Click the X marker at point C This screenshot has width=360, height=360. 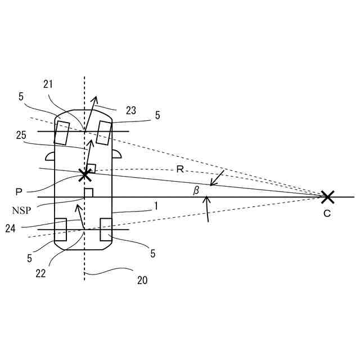327,197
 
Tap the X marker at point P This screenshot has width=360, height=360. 85,174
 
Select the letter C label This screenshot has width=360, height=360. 327,214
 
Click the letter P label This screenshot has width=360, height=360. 19,192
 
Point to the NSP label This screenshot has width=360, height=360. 21,210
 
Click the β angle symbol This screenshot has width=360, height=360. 196,191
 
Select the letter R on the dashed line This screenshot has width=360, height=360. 180,169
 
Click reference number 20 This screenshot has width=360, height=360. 142,280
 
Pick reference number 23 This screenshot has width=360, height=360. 130,111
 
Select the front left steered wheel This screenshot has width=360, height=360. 61,132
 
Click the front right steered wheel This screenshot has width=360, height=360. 103,133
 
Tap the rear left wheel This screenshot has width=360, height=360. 60,229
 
